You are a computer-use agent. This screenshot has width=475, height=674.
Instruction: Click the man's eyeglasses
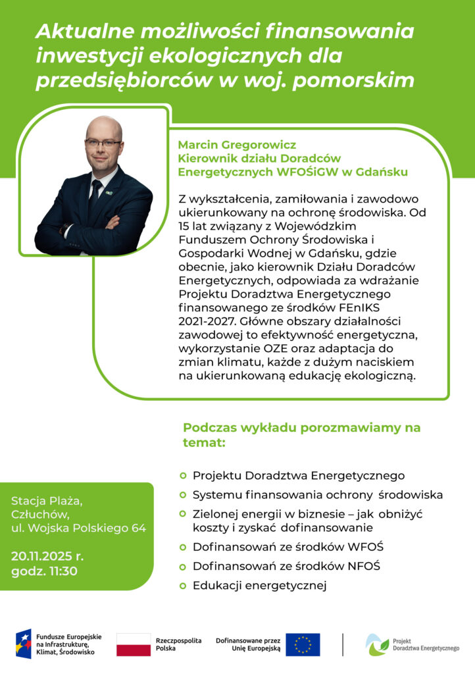103,143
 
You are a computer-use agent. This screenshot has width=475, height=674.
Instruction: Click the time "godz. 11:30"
45,571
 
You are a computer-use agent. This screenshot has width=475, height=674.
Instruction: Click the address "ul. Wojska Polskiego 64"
78,528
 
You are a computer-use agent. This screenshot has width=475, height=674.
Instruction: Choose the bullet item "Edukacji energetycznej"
259,585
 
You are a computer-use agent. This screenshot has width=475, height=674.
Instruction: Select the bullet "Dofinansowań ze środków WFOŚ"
287,546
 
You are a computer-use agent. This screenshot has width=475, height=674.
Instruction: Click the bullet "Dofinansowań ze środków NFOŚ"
287,566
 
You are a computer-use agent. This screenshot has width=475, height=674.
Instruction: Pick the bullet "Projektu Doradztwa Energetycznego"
298,475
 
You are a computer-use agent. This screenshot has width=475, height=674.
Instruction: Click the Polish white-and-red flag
134,644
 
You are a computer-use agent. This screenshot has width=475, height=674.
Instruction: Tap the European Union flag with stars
303,644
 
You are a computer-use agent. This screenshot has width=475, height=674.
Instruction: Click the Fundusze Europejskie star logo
24,644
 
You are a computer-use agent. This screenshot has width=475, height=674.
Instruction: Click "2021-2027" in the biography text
203,322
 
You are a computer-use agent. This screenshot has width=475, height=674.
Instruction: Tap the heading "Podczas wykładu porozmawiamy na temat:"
301,435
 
